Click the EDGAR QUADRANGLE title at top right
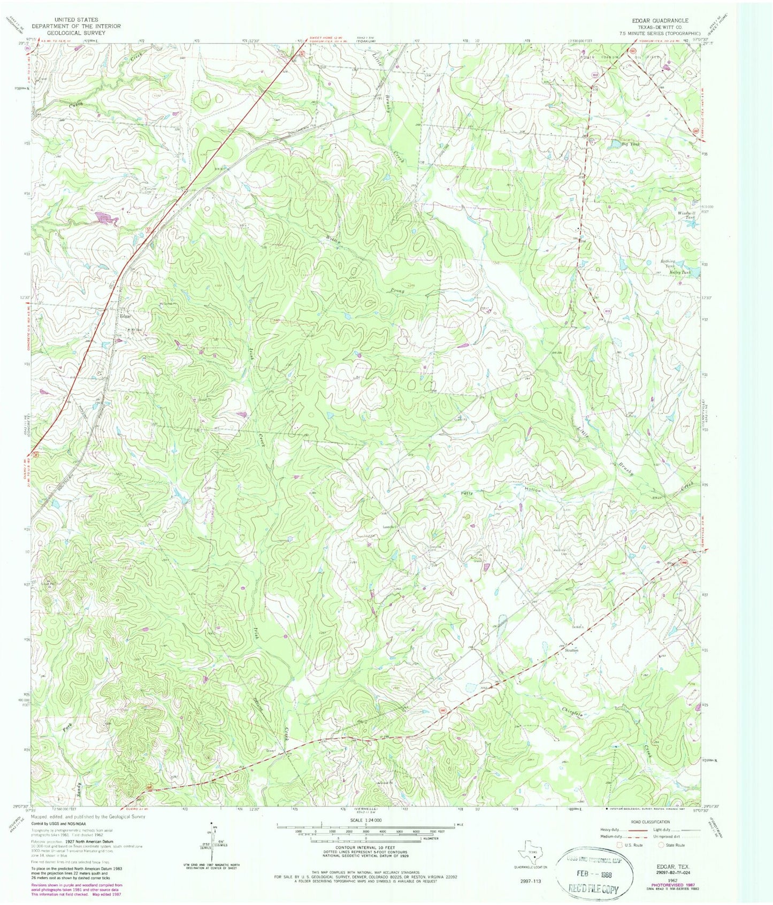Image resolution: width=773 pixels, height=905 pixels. coord(660,20)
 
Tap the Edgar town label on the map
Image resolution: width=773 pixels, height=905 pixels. coord(125,316)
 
